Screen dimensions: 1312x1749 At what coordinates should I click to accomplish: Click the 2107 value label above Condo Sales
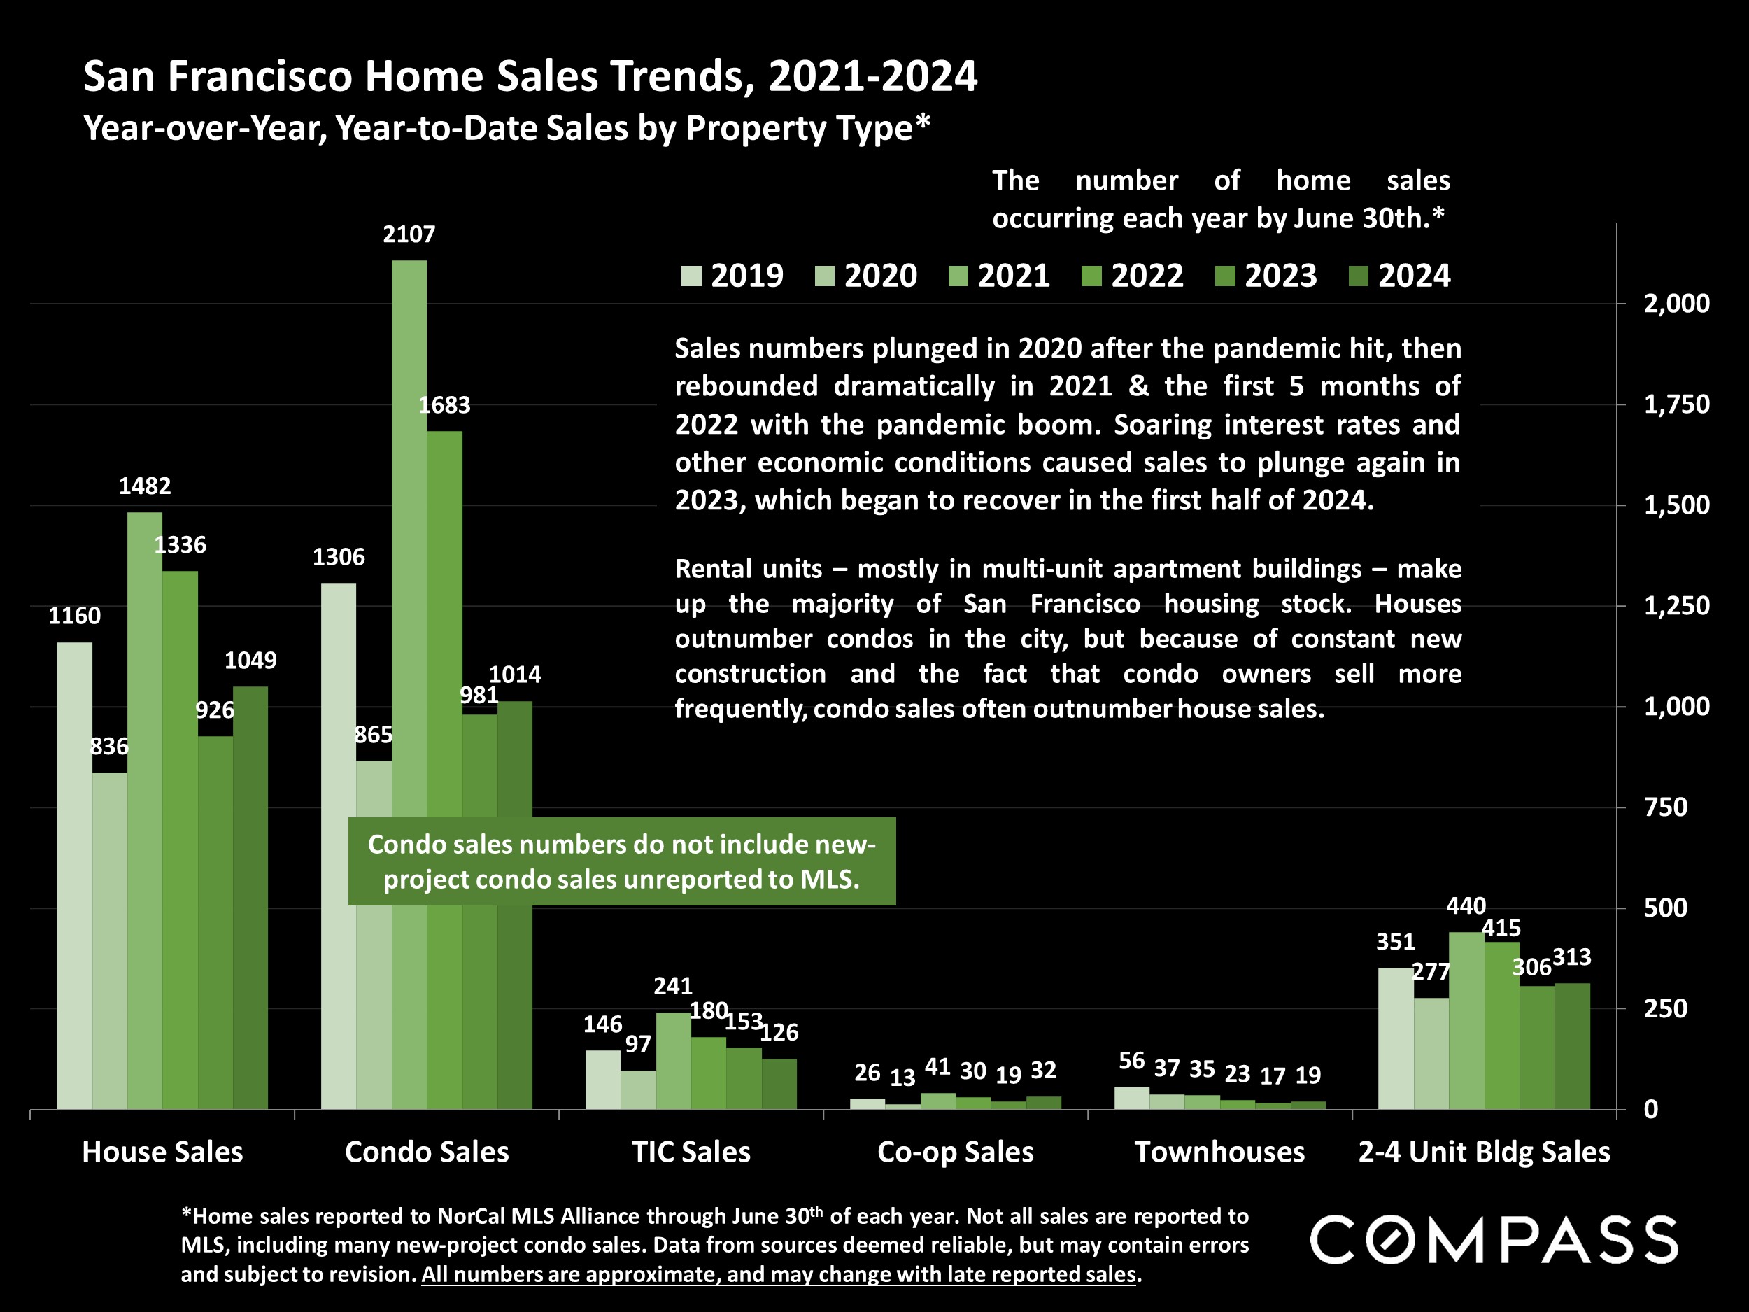pyautogui.click(x=409, y=234)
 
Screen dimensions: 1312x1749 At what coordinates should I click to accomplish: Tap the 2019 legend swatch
pyautogui.click(x=691, y=276)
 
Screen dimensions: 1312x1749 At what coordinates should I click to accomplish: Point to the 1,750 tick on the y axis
pyautogui.click(x=1676, y=405)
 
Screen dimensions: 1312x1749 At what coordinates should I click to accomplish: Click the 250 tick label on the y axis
pyautogui.click(x=1665, y=1009)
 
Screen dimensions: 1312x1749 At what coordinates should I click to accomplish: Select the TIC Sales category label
pyautogui.click(x=691, y=1152)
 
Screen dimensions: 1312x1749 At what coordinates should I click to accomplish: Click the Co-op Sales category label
pyautogui.click(x=955, y=1152)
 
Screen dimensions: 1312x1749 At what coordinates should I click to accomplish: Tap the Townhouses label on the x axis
pyautogui.click(x=1219, y=1152)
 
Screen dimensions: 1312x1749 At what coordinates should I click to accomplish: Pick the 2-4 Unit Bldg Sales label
pyautogui.click(x=1484, y=1152)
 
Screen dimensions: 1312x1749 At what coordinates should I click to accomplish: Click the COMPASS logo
pyautogui.click(x=1494, y=1240)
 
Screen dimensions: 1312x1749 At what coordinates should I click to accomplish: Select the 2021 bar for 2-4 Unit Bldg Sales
pyautogui.click(x=1466, y=1020)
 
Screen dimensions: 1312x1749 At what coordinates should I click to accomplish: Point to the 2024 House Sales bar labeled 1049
pyautogui.click(x=250, y=898)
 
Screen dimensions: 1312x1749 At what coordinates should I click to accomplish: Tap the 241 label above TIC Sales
pyautogui.click(x=673, y=985)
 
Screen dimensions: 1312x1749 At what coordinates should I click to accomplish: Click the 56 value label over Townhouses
pyautogui.click(x=1131, y=1061)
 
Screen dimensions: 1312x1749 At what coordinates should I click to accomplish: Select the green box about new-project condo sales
pyautogui.click(x=621, y=861)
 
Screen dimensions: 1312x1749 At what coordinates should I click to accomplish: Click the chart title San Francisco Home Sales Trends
pyautogui.click(x=530, y=77)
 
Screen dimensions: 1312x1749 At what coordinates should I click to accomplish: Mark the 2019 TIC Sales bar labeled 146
pyautogui.click(x=602, y=1080)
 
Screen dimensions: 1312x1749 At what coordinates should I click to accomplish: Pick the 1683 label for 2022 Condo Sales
pyautogui.click(x=444, y=405)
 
